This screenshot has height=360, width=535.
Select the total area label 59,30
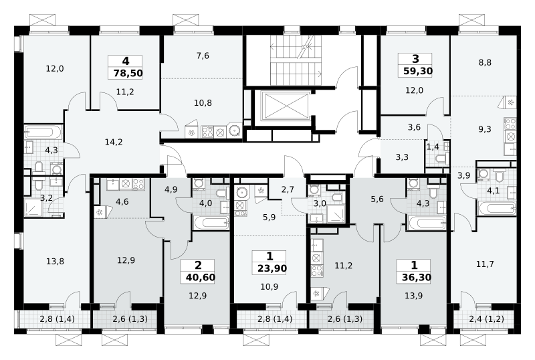[x=418, y=71]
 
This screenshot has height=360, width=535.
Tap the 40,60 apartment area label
[x=201, y=277]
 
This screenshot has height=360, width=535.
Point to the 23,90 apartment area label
[x=272, y=268]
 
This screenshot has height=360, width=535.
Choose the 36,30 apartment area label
[x=416, y=277]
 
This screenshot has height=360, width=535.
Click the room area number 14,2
[x=114, y=142]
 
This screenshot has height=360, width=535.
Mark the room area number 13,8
[x=55, y=262]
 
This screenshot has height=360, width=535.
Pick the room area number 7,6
[x=203, y=56]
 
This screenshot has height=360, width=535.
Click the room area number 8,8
[x=485, y=62]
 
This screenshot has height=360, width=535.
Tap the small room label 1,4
[x=433, y=147]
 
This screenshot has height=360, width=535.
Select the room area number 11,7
[x=485, y=264]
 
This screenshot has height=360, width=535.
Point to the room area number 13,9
[x=414, y=296]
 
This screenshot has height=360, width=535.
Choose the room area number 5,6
[x=377, y=199]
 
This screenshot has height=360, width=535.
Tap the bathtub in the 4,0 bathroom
[x=211, y=223]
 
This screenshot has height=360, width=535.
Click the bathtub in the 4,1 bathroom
[x=497, y=208]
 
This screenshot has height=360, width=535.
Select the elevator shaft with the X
[x=287, y=106]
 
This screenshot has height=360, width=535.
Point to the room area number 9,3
[x=484, y=129]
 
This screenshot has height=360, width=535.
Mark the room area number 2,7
[x=288, y=189]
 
